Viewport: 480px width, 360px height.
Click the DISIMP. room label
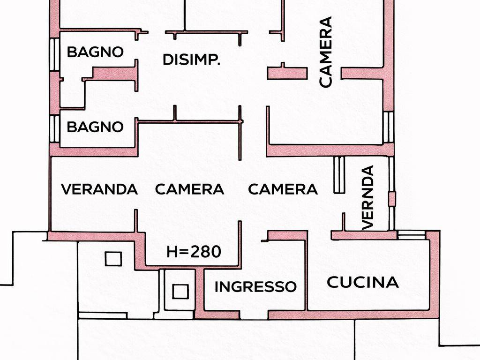coord(191,60)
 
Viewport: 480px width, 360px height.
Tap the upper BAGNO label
coord(95,52)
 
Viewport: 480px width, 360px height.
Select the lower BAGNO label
coord(95,127)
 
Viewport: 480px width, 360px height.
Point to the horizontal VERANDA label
coord(99,189)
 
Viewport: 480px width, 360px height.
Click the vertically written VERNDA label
coord(369,197)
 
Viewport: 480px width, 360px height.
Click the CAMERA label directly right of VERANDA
coord(189,189)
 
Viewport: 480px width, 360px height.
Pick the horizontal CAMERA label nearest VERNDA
coord(283,189)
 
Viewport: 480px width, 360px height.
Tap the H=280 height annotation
coord(194,252)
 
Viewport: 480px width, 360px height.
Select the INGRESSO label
coord(255,286)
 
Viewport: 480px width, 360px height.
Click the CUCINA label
coord(362,283)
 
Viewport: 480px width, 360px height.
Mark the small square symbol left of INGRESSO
coord(180,292)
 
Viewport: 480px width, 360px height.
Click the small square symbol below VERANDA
coord(113,259)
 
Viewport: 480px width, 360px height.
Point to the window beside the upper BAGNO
coord(55,54)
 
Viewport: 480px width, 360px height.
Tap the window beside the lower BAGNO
coord(55,128)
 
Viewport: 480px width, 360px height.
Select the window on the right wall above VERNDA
coord(388,127)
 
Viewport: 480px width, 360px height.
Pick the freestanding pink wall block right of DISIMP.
coord(287,73)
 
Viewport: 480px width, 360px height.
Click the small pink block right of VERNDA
coord(392,198)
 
